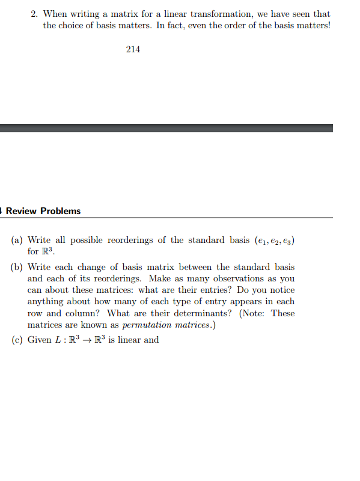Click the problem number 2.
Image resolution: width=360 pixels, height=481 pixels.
point(34,14)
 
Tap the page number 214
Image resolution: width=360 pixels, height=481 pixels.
point(133,49)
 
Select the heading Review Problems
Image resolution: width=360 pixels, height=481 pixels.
point(43,211)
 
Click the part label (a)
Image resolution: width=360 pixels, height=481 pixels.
point(17,240)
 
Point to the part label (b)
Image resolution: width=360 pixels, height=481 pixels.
point(17,267)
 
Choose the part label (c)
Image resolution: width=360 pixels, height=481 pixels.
point(17,340)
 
